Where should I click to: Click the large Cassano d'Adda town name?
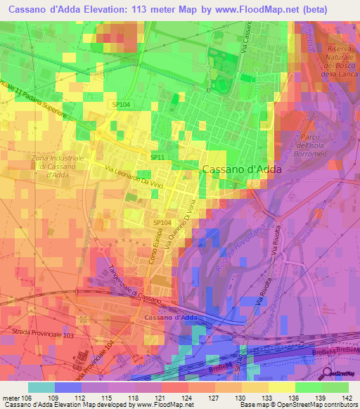(241, 169)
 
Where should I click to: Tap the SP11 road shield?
(157, 158)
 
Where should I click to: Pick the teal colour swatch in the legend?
(41, 387)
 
